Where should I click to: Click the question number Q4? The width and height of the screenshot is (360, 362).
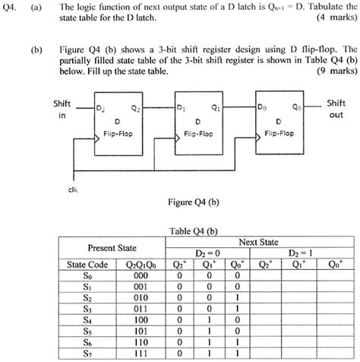[10, 7]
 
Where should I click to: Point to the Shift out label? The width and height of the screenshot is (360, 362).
[335, 109]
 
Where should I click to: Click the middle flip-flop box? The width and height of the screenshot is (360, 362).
[197, 122]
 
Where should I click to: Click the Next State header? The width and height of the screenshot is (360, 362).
[258, 240]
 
